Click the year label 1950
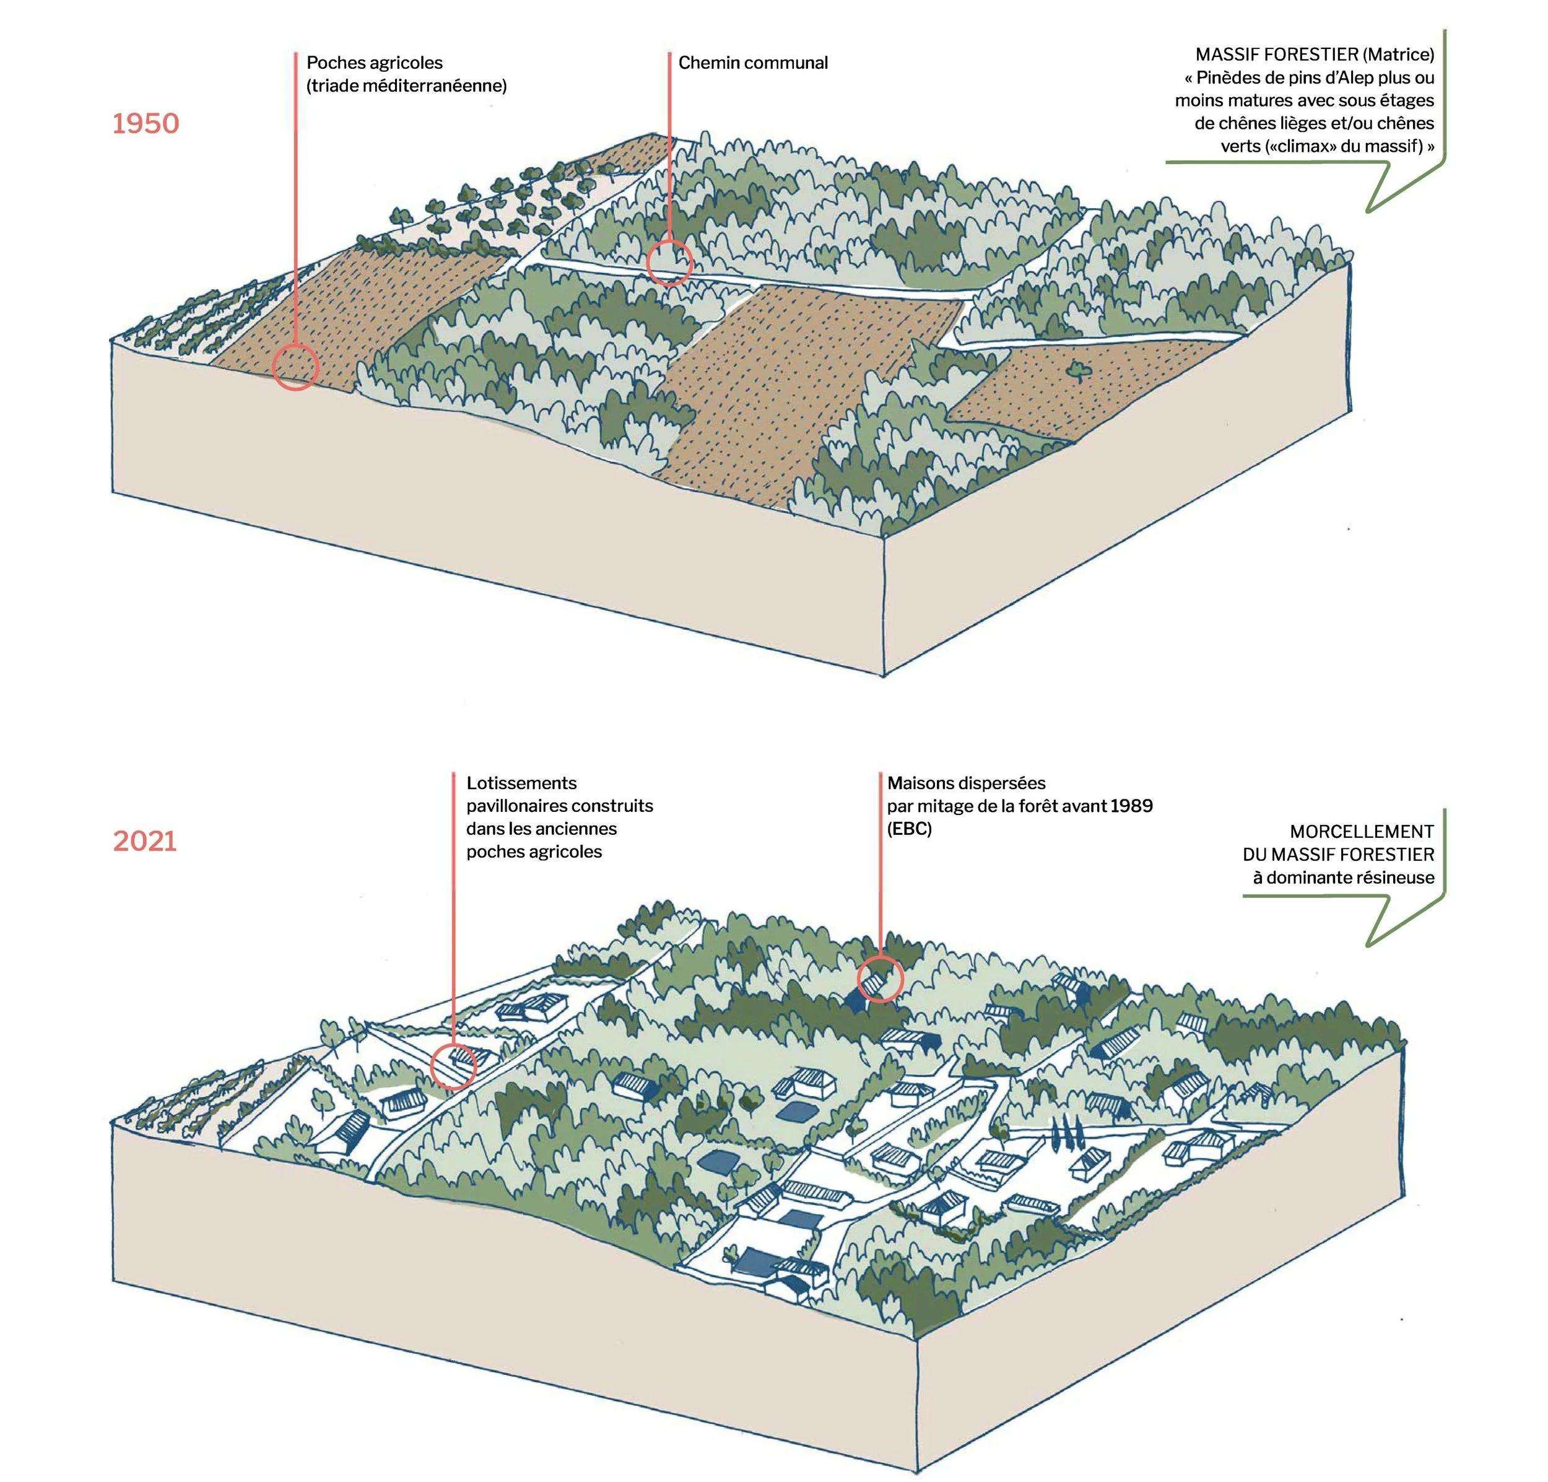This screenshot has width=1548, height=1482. [x=146, y=123]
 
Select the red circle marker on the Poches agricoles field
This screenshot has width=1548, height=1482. [x=295, y=367]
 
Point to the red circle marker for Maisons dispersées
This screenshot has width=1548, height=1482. [x=880, y=978]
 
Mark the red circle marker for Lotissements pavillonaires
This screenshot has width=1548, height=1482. [x=454, y=1066]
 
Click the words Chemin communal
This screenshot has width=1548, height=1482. [x=753, y=63]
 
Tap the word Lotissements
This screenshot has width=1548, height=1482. [x=521, y=783]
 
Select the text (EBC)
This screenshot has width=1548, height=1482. [x=909, y=829]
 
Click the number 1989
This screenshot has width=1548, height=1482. [x=1131, y=806]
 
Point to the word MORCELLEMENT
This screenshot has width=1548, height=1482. [x=1362, y=831]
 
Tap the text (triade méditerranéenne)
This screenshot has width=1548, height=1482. [x=407, y=86]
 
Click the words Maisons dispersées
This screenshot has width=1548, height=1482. [x=966, y=783]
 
